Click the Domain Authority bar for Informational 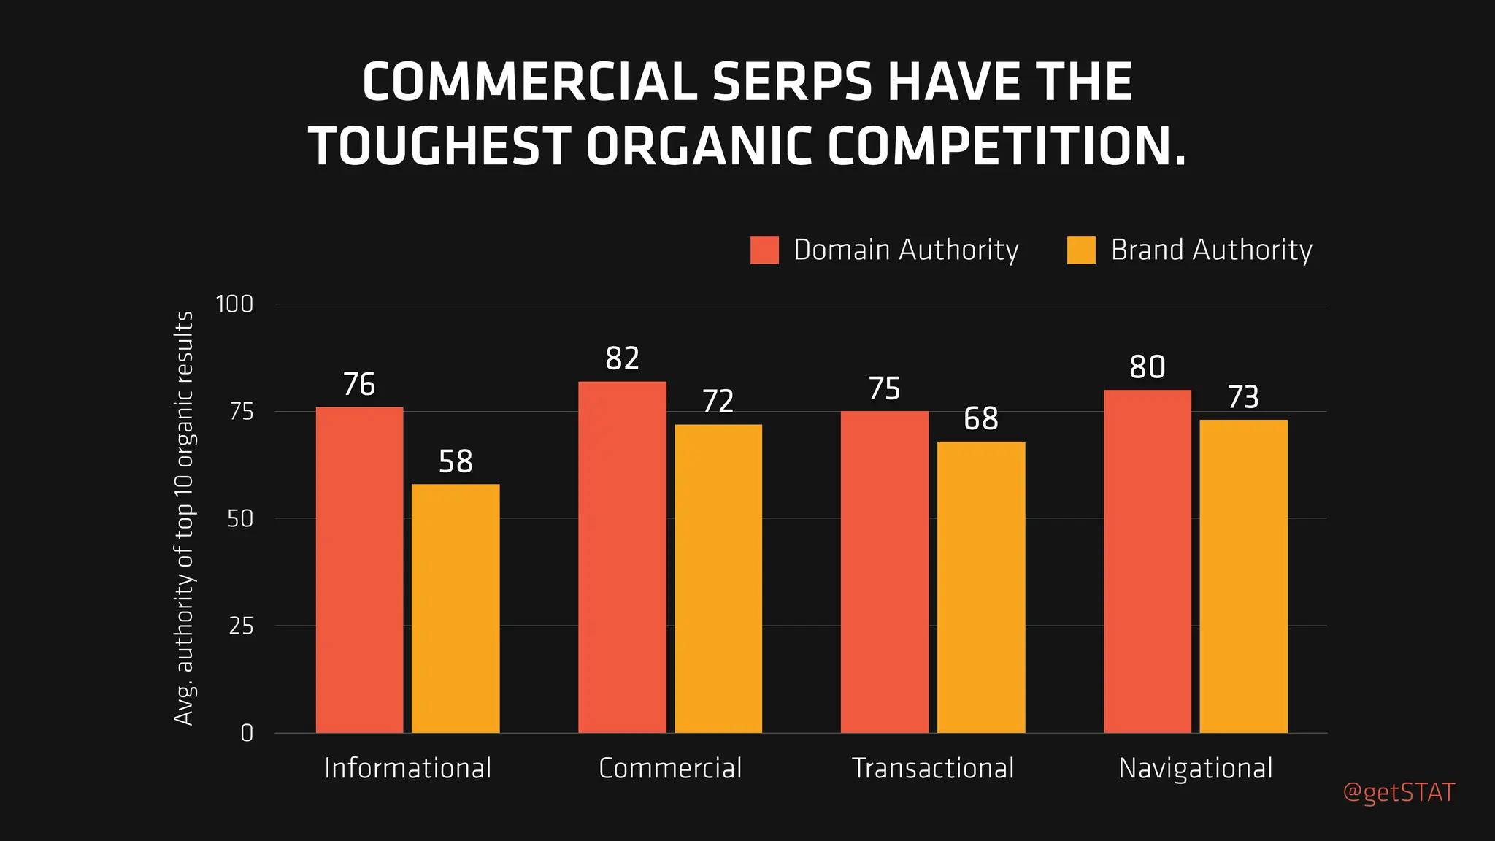pos(359,569)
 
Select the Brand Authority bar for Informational pos(456,608)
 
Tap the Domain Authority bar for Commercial pos(622,557)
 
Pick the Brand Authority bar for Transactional pos(981,587)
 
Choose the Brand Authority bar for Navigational pos(1243,576)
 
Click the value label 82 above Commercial pos(622,358)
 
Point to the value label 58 pos(456,461)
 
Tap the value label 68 pos(980,418)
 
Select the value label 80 pos(1147,366)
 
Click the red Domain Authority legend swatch pos(764,250)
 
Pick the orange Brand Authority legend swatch pos(1080,250)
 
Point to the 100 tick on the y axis pos(234,304)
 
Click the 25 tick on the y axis pos(241,626)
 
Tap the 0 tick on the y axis pos(247,733)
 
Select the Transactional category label pos(933,768)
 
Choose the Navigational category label pos(1195,768)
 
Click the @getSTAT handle pos(1399,792)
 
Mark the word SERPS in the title pos(792,82)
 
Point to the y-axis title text pos(184,518)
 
